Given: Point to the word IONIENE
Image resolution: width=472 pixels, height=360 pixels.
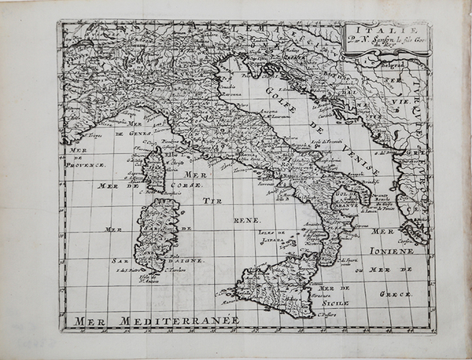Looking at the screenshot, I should coord(393,251).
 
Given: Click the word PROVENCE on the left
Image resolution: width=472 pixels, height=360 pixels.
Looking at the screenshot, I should coord(87,165).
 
